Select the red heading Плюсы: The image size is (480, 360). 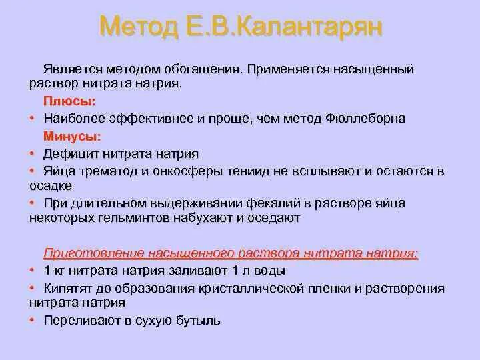[70, 102]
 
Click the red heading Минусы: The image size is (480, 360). [73, 137]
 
